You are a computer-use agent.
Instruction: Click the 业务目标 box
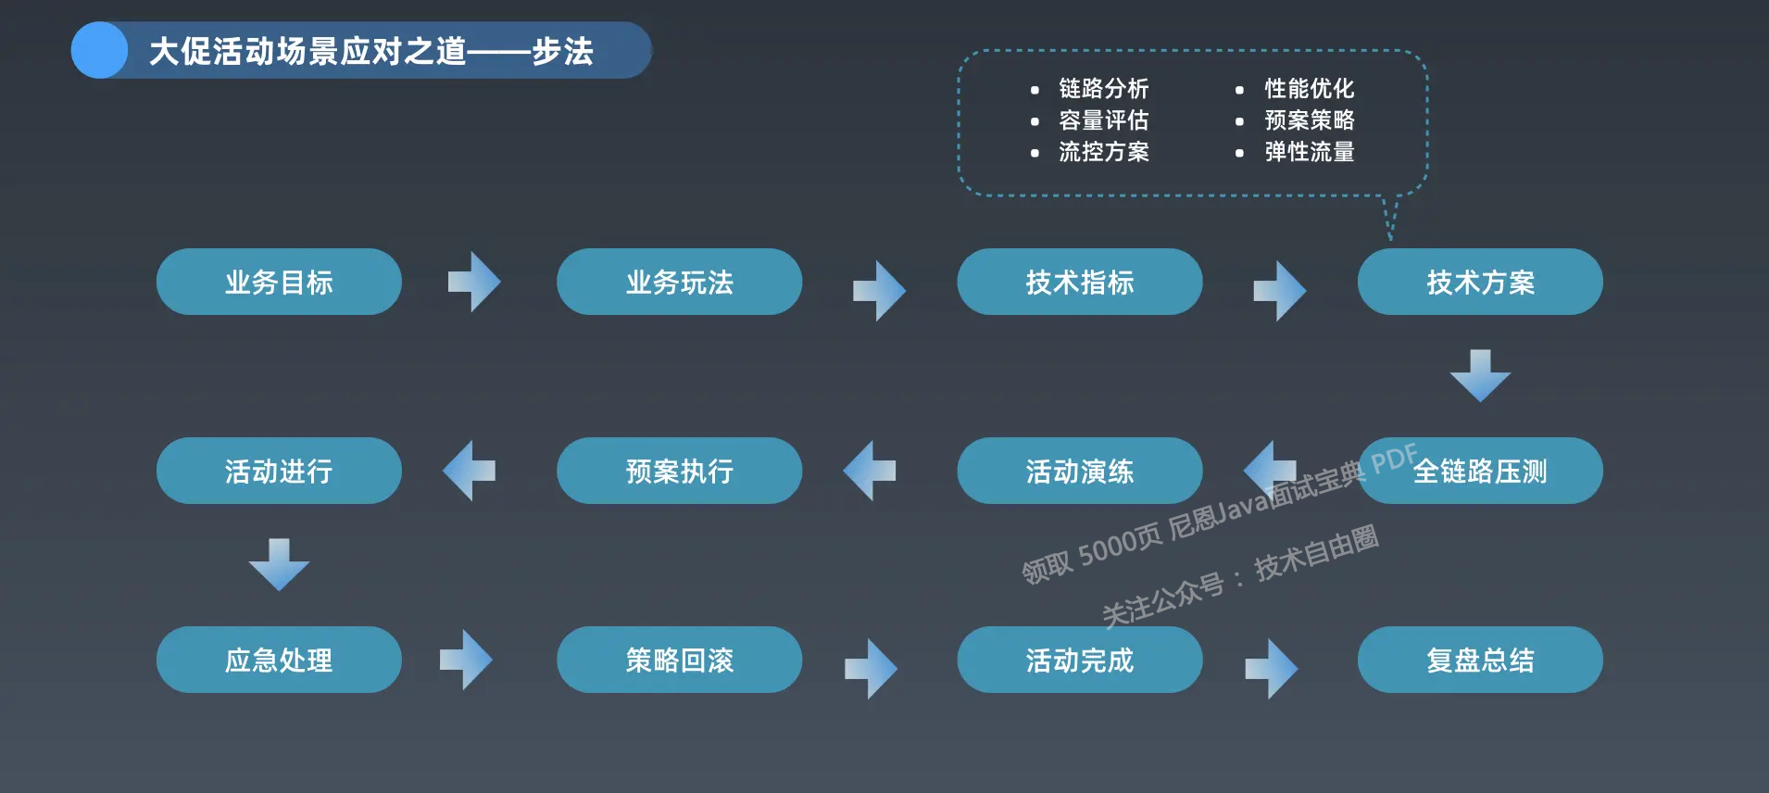[279, 282]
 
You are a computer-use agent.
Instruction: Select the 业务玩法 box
[679, 282]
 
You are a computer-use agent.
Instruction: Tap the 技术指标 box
[1079, 282]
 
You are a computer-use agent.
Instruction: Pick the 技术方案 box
[1480, 282]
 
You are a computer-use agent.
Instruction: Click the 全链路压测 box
[1480, 471]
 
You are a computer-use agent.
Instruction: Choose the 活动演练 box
[1079, 471]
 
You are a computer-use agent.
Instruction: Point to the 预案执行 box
[679, 471]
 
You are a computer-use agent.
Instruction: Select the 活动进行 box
[279, 471]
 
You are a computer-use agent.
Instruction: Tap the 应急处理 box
[279, 660]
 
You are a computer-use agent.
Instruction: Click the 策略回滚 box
[679, 660]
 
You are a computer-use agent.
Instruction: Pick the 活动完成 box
[1079, 660]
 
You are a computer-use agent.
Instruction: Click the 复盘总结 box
[1480, 660]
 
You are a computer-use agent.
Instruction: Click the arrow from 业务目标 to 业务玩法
[474, 282]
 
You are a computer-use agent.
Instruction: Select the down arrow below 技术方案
[1480, 375]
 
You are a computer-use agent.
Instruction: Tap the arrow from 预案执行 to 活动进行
[470, 471]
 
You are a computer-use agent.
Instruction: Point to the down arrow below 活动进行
[279, 564]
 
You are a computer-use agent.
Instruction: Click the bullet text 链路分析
[1103, 89]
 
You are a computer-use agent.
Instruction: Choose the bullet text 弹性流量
[1309, 152]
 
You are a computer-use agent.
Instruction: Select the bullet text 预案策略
[1309, 120]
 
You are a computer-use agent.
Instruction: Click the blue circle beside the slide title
[99, 50]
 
